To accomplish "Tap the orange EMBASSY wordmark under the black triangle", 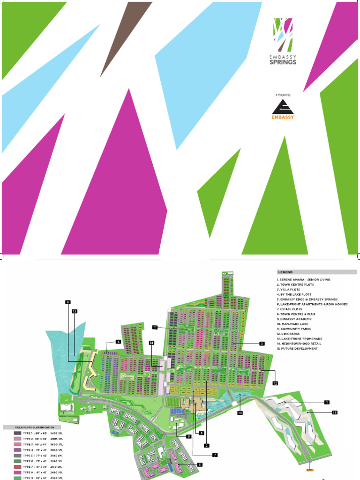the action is (x=283, y=117).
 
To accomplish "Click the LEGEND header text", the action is (x=285, y=272).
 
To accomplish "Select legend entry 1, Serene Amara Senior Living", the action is (x=303, y=280).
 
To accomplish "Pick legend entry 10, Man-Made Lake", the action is (x=294, y=324).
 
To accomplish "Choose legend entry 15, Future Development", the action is (x=297, y=349).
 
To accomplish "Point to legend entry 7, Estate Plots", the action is (x=291, y=309).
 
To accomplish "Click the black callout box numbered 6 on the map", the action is (x=68, y=302).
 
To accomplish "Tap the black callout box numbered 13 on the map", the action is (x=75, y=311).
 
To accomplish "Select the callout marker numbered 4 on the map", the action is (x=119, y=342).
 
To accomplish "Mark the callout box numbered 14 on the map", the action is (x=152, y=343).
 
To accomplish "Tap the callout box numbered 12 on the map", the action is (x=275, y=383).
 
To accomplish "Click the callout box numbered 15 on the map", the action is (x=335, y=412).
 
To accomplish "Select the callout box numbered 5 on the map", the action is (x=200, y=465).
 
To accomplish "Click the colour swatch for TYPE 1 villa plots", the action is (x=17, y=434).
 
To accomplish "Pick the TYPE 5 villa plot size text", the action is (x=43, y=456).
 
